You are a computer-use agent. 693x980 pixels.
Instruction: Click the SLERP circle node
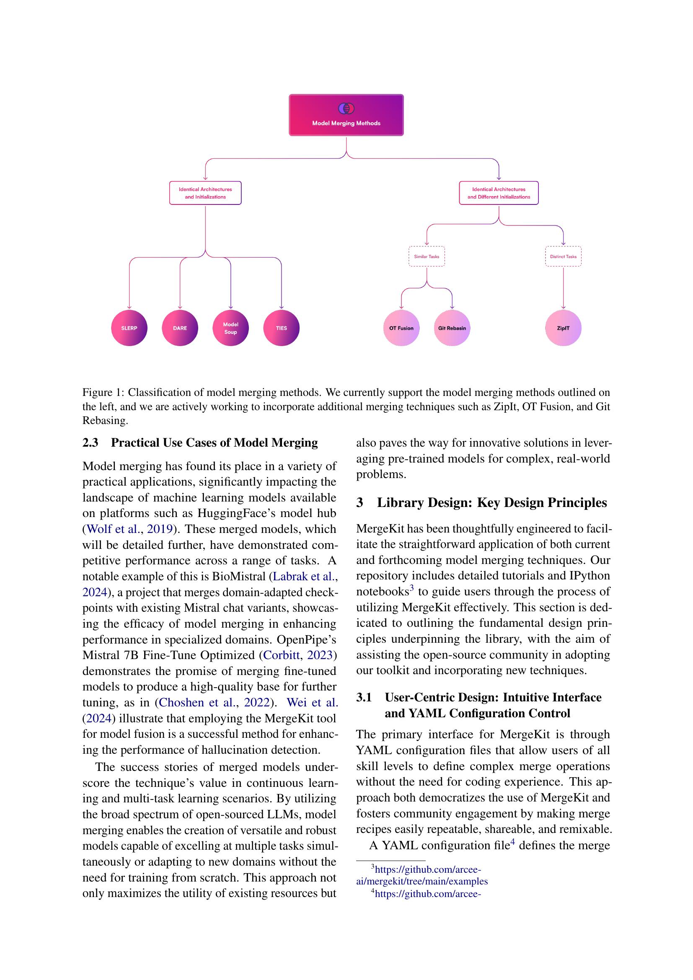[x=129, y=328]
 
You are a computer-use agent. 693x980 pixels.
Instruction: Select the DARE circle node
[x=180, y=328]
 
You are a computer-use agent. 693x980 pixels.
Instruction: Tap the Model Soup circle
[x=230, y=328]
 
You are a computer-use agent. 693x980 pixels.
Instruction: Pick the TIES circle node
[x=281, y=328]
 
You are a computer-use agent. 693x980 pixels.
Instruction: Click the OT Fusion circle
[x=401, y=328]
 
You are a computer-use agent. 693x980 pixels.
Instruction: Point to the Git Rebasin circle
[x=452, y=328]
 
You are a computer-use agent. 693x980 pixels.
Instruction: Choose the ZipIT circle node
[x=563, y=328]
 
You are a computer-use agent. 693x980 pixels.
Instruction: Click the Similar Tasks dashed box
[x=426, y=256]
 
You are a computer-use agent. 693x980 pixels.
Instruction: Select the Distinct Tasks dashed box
[x=563, y=256]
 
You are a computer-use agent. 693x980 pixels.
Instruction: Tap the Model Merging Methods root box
[x=346, y=115]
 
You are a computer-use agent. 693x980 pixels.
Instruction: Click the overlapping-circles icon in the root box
[x=346, y=109]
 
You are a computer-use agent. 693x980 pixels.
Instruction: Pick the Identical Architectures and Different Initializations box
[x=499, y=193]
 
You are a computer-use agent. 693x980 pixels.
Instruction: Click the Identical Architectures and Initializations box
[x=205, y=193]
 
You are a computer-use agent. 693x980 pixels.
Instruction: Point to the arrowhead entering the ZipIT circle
[x=563, y=307]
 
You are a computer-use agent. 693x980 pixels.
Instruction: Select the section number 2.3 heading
[x=90, y=442]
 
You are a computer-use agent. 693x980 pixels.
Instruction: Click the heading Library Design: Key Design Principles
[x=491, y=502]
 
